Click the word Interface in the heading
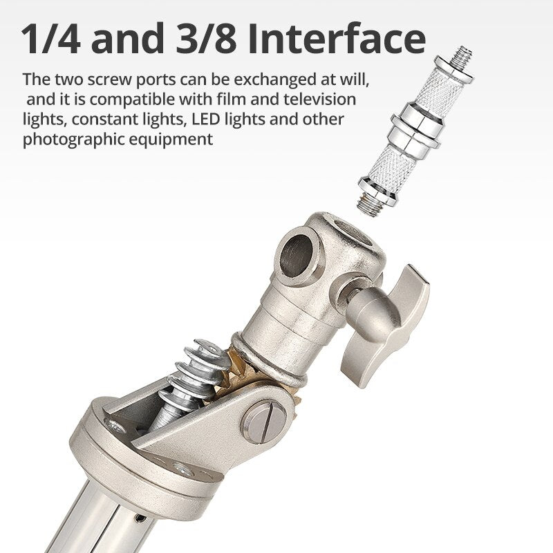pyautogui.click(x=337, y=38)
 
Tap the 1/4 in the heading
pyautogui.click(x=50, y=38)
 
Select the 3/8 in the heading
pyautogui.click(x=206, y=38)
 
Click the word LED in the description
pyautogui.click(x=206, y=119)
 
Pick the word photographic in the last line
pyautogui.click(x=73, y=140)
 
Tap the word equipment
pyautogui.click(x=170, y=140)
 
